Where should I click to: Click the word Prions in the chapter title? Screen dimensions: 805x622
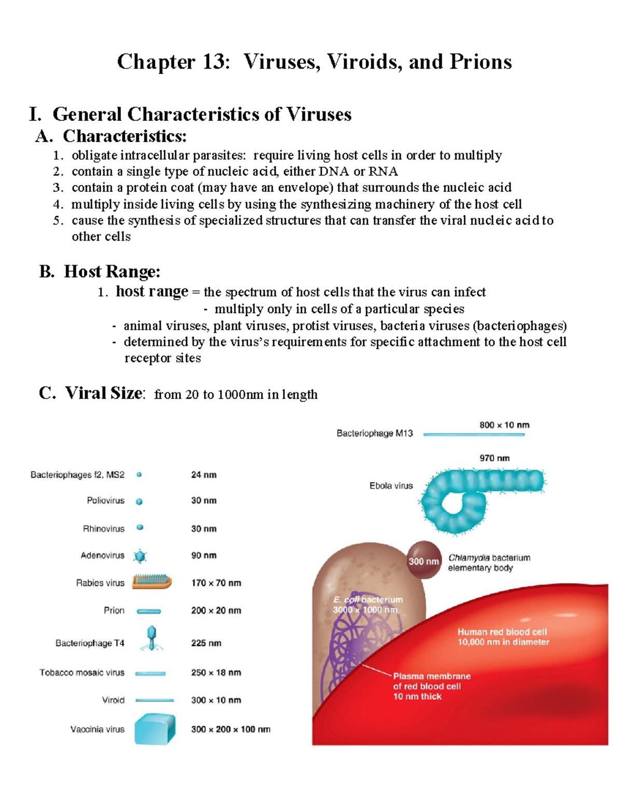(x=480, y=62)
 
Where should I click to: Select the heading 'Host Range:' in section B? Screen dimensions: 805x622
(x=112, y=271)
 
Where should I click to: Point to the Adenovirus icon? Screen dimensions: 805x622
(x=140, y=556)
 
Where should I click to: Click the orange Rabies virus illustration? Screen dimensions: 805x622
(x=151, y=582)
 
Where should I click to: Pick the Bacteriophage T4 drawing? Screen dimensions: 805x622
(x=151, y=638)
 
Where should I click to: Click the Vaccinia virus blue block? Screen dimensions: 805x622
(x=154, y=729)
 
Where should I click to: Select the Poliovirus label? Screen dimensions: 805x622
(x=106, y=500)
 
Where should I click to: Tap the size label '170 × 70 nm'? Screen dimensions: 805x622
(x=216, y=583)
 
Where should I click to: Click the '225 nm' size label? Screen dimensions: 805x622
(x=206, y=643)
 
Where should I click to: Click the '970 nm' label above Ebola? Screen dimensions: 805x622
(x=494, y=458)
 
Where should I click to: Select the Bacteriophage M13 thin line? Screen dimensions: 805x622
(x=473, y=434)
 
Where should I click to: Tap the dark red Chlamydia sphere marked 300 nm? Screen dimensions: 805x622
(x=424, y=560)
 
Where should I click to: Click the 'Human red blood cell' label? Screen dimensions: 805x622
(x=502, y=632)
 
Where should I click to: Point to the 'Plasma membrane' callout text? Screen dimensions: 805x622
(x=432, y=676)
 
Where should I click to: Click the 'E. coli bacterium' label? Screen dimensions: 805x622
(x=367, y=600)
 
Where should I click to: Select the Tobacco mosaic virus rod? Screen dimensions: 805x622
(x=150, y=673)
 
